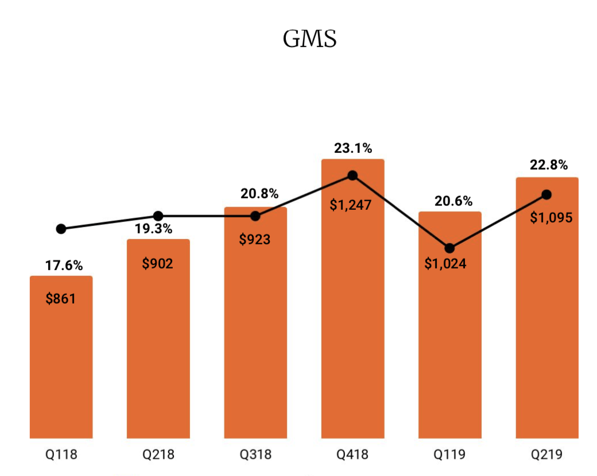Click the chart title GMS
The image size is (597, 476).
coord(309,39)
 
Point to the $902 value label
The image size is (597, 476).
coord(158,263)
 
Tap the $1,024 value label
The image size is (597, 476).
coord(449,264)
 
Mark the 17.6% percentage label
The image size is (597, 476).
coord(64,266)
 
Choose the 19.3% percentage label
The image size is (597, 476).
coord(154,229)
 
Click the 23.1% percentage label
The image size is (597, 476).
coord(353,148)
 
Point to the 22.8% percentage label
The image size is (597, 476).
coord(548,166)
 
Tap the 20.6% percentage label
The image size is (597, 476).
coord(453,201)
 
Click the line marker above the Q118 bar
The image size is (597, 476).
coord(61,229)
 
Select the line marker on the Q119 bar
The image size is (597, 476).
coord(449,248)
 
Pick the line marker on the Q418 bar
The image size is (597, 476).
coord(352,175)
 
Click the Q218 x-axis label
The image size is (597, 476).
coord(158,455)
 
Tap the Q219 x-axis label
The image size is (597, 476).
coord(546,455)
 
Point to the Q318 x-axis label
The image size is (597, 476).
coord(255,455)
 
